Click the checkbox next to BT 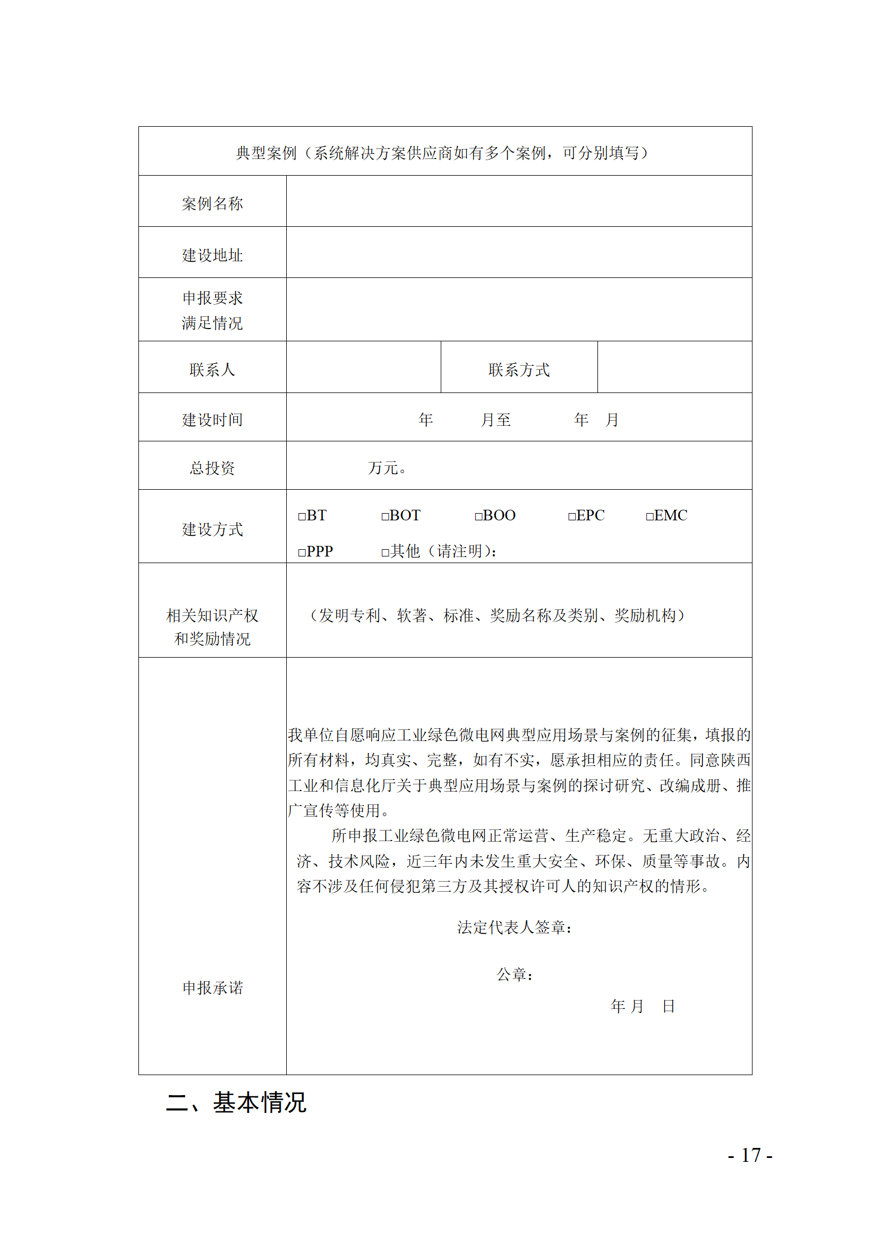point(302,516)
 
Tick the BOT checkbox point(385,516)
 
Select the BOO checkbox point(478,516)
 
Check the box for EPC point(571,516)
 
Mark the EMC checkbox point(649,516)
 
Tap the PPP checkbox point(302,553)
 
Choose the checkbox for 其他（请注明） point(385,553)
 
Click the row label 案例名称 point(212,203)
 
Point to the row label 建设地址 point(212,255)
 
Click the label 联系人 point(212,370)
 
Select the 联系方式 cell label point(519,370)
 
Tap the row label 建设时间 point(212,420)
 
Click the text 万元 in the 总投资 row point(383,468)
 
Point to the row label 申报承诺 point(212,988)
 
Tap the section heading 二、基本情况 point(236,1103)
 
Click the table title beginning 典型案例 point(442,153)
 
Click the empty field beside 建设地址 point(519,252)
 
